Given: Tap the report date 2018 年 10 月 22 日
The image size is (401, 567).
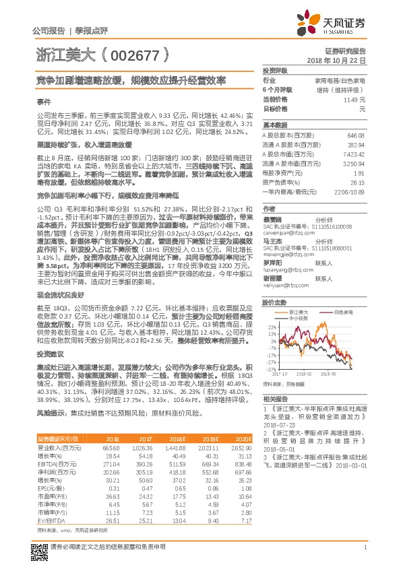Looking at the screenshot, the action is (x=336, y=60).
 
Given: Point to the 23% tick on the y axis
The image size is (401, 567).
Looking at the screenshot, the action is (x=272, y=327).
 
